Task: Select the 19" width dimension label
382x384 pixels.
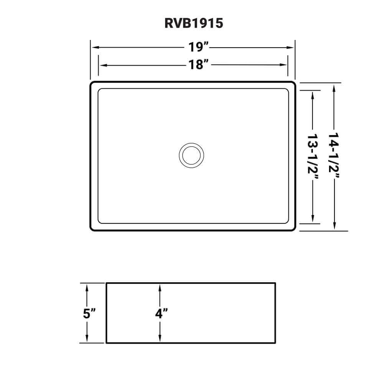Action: click(198, 48)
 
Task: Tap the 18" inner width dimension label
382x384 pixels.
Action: click(198, 65)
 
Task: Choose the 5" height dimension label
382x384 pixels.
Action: click(88, 313)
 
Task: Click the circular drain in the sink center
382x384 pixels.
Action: click(191, 155)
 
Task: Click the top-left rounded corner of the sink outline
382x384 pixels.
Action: click(92, 84)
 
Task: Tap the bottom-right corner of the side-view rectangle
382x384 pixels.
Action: click(275, 343)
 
